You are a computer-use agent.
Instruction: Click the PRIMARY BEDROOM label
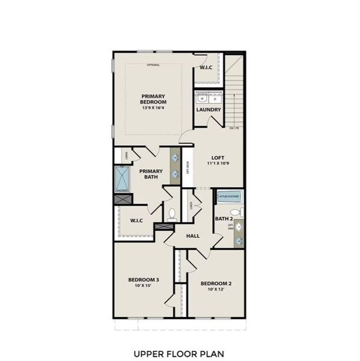154,99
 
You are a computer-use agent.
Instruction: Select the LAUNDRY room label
209,110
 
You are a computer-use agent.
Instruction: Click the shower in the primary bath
122,179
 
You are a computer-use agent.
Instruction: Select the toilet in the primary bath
172,213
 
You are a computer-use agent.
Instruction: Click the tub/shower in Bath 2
228,196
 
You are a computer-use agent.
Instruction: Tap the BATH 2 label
223,218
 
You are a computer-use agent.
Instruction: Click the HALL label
192,236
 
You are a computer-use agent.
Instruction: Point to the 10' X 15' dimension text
143,286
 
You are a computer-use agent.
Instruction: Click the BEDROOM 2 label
216,283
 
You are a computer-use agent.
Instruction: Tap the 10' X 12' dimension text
216,290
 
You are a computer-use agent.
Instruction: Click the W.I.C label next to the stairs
206,67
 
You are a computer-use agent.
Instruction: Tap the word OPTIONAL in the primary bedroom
154,64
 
